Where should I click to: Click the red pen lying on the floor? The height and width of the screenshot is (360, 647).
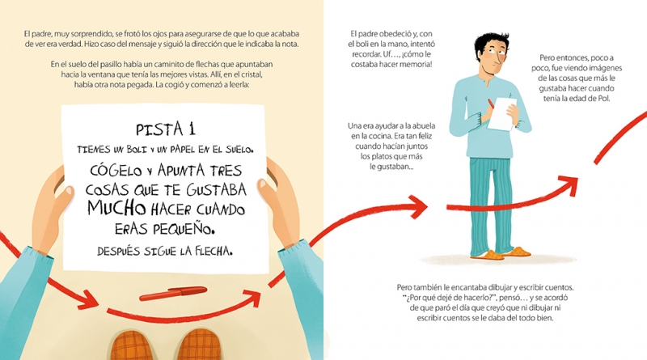[x=173, y=293]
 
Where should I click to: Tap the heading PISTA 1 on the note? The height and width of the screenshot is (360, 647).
[x=166, y=129]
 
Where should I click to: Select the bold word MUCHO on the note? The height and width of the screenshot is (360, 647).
[x=116, y=208]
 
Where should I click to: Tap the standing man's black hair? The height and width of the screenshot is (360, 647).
[x=491, y=43]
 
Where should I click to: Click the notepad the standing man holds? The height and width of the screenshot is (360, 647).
[x=501, y=113]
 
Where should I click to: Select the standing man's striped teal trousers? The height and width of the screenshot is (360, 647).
[x=491, y=205]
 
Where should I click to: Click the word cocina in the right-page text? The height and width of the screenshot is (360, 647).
[x=380, y=136]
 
